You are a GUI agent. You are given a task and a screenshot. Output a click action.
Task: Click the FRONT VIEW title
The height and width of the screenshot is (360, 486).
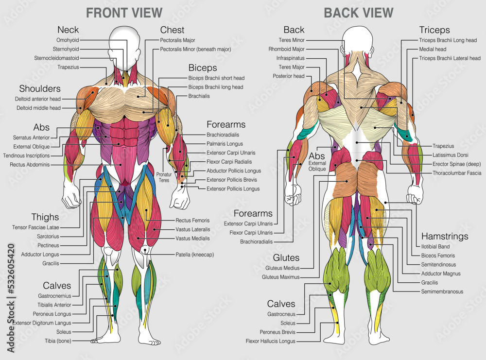click(x=124, y=13)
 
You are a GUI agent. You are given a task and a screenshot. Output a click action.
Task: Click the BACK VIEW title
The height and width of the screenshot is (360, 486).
click(x=359, y=13)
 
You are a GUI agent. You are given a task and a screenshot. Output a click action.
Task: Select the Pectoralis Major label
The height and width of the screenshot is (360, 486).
click(x=177, y=40)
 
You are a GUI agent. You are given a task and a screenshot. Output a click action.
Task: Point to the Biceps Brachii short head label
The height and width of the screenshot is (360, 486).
click(x=216, y=78)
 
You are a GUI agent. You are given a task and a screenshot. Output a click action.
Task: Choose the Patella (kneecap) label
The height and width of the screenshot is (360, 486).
click(x=194, y=254)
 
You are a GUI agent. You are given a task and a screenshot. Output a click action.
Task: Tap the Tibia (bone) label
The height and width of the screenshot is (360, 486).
click(x=58, y=341)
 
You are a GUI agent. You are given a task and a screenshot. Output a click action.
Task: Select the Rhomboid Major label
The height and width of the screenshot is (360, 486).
click(x=287, y=49)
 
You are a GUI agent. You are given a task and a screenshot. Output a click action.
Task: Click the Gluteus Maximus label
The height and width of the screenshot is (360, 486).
click(x=281, y=277)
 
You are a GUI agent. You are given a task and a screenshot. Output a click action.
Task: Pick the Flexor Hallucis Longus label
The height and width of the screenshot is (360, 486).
click(x=271, y=341)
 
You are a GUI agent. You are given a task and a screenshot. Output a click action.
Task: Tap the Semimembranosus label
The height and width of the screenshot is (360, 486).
click(x=442, y=291)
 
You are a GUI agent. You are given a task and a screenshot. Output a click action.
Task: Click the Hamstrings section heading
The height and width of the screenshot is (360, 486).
click(x=444, y=236)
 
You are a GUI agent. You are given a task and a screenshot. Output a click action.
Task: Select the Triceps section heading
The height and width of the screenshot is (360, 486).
click(x=434, y=30)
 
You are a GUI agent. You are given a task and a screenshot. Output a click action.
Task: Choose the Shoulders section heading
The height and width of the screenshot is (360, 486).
click(x=40, y=88)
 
